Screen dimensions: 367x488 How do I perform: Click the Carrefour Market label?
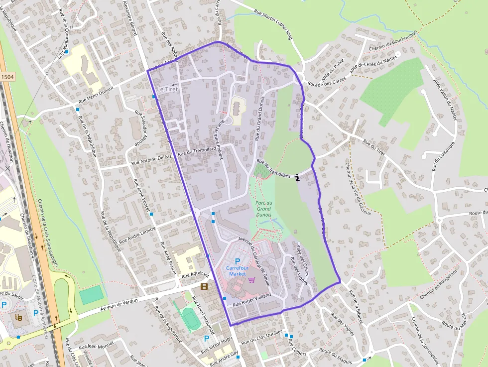click(x=235, y=271)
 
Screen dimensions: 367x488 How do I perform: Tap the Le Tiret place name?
click(x=167, y=89)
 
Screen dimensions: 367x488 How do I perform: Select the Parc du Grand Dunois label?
click(x=263, y=209)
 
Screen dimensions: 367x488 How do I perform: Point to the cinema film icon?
click(x=203, y=286)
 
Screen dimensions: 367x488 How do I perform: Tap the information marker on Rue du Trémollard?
click(x=297, y=177)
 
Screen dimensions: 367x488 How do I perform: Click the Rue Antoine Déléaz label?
click(x=151, y=159)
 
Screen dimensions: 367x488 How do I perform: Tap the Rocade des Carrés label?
click(x=326, y=80)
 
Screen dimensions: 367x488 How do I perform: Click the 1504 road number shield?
click(x=7, y=77)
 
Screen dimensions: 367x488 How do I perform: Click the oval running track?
click(x=189, y=318)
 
